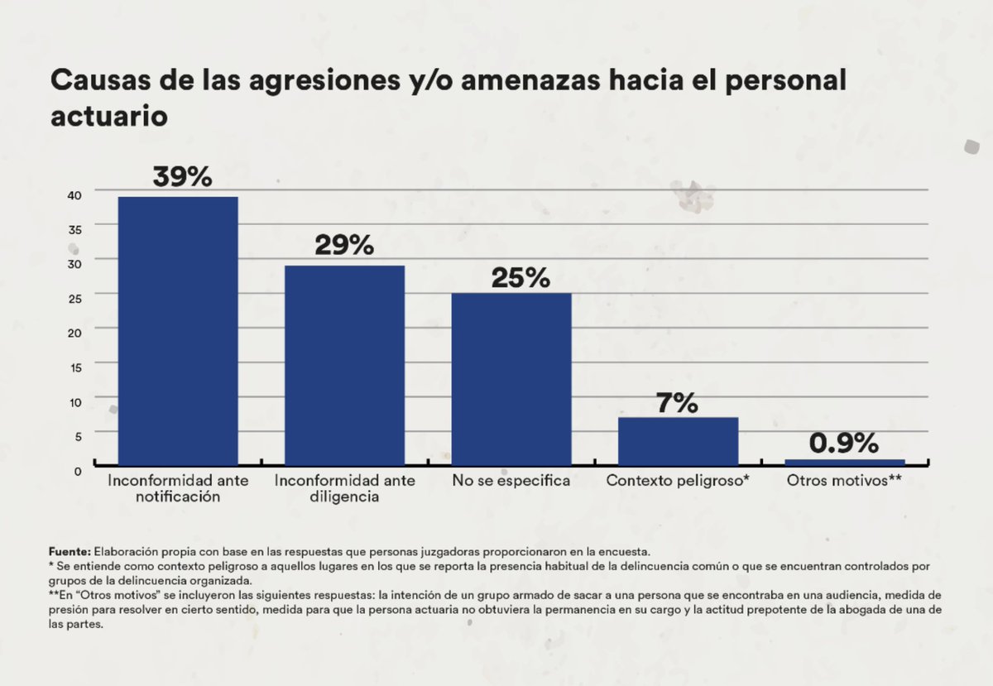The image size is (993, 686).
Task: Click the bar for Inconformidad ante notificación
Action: click(178, 331)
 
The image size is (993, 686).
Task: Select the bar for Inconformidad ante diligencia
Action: click(344, 365)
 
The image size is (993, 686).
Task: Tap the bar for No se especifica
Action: click(511, 379)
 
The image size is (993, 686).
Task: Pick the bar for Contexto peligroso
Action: click(678, 441)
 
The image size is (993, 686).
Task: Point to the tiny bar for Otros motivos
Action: click(844, 462)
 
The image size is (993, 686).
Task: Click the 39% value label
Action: click(182, 177)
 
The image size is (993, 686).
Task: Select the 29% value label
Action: click(344, 246)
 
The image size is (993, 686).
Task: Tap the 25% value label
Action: click(520, 278)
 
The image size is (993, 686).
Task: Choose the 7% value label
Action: click(677, 403)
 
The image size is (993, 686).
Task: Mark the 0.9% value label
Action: click(843, 444)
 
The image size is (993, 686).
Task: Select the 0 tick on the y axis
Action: click(78, 470)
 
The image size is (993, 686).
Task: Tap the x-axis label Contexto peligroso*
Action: click(678, 481)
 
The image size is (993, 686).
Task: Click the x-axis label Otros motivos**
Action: click(844, 481)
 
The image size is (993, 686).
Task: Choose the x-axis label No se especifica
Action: click(511, 481)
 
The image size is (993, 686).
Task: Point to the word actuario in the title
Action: click(109, 116)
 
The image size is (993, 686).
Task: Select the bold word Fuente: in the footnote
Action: click(70, 550)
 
